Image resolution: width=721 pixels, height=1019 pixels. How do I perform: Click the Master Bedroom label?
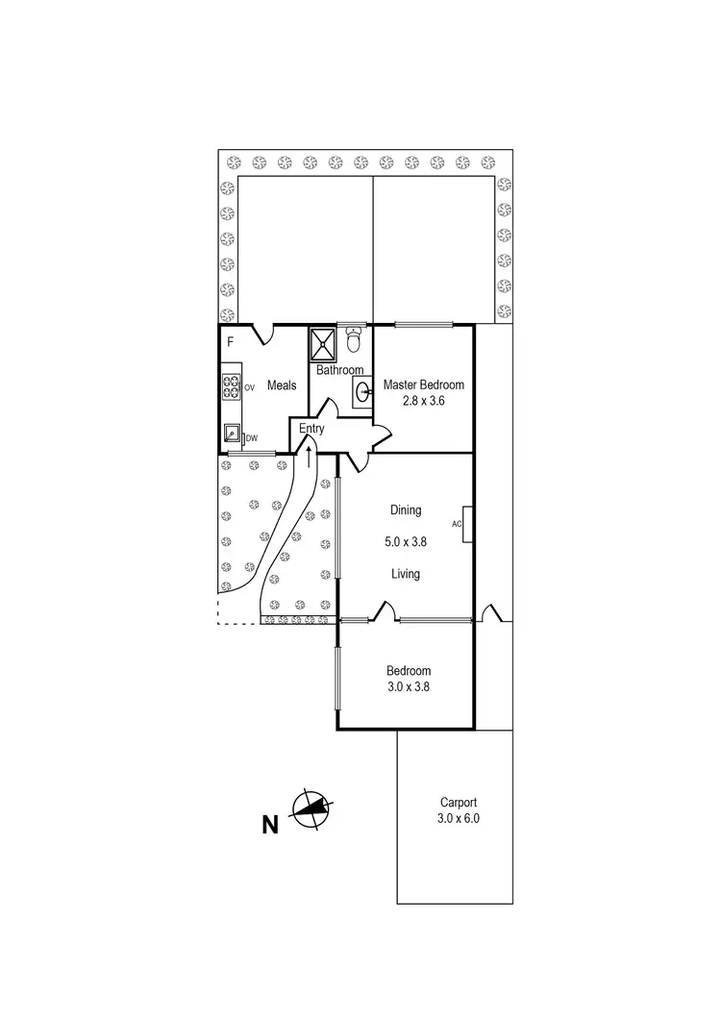[x=423, y=385]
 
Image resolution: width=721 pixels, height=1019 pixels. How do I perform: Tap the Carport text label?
[x=459, y=803]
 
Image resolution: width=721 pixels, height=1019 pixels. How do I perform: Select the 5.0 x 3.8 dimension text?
[x=406, y=541]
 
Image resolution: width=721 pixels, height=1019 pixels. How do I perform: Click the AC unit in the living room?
[x=465, y=524]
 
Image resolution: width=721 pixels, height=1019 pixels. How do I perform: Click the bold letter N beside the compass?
[x=271, y=824]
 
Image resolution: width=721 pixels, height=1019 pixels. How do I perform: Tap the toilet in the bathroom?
[x=354, y=341]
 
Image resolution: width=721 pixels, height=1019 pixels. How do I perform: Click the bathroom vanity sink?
[x=361, y=391]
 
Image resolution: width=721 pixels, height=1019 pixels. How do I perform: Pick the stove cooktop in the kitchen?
[x=232, y=386]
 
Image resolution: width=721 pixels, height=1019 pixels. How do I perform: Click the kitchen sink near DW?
[x=232, y=434]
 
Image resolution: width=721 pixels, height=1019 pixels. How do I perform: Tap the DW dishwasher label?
[x=252, y=438]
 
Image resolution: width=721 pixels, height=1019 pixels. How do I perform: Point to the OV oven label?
[x=249, y=387]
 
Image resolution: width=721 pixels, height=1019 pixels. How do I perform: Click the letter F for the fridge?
[x=230, y=342]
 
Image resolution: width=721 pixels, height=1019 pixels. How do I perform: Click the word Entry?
[x=311, y=429]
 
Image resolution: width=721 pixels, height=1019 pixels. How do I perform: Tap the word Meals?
[x=281, y=385]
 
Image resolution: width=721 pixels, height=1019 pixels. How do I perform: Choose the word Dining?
[x=406, y=510]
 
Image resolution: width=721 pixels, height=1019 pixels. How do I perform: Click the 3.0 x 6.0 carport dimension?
[x=459, y=819]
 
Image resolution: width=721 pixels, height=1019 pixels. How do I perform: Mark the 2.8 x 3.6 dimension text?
[x=424, y=401]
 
